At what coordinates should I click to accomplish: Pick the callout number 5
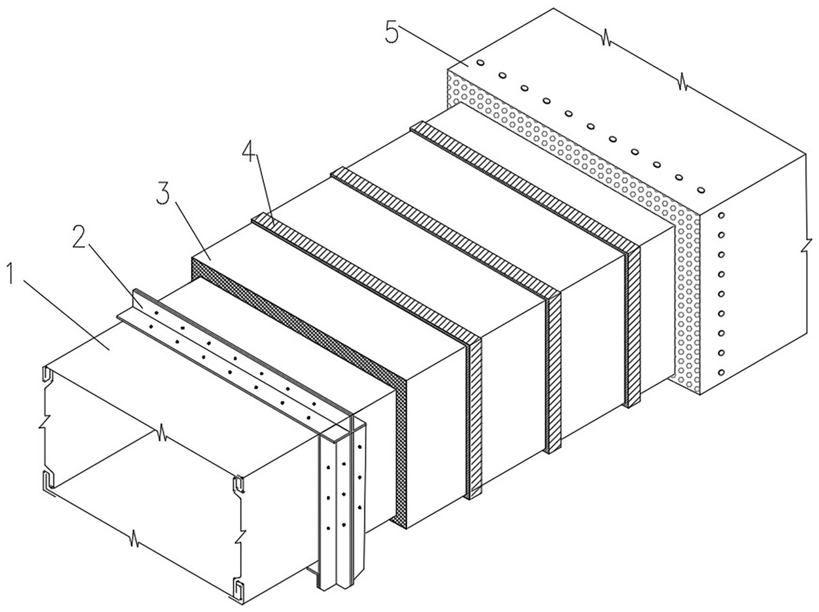[x=393, y=32]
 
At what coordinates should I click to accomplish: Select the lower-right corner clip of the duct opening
[x=239, y=590]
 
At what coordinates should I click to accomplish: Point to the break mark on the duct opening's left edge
[x=43, y=426]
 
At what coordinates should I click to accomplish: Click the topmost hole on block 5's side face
[x=721, y=217]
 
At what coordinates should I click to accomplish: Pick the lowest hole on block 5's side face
[x=721, y=372]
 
